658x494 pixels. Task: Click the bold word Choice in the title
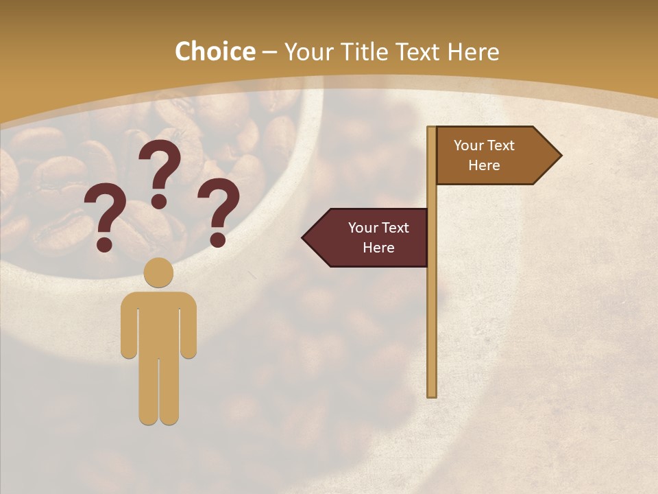(215, 51)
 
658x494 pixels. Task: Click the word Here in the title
(473, 52)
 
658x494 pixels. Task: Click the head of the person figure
(159, 272)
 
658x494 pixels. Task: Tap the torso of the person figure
(159, 322)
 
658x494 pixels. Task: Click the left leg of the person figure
(149, 391)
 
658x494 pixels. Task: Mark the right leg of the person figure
(169, 391)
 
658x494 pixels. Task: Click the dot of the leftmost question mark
(104, 244)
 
